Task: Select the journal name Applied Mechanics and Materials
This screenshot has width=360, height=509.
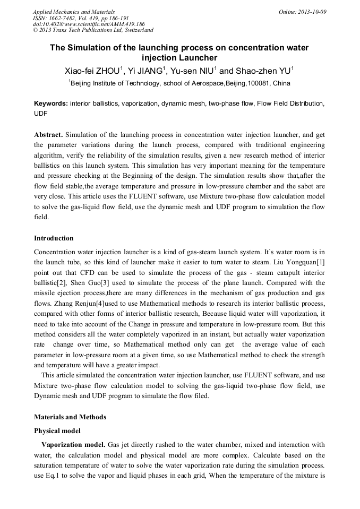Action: click(x=73, y=12)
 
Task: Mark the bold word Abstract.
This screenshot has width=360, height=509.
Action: click(x=48, y=135)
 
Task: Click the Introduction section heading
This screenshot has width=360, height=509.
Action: click(x=54, y=238)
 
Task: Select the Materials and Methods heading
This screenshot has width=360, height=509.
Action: click(x=70, y=417)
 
